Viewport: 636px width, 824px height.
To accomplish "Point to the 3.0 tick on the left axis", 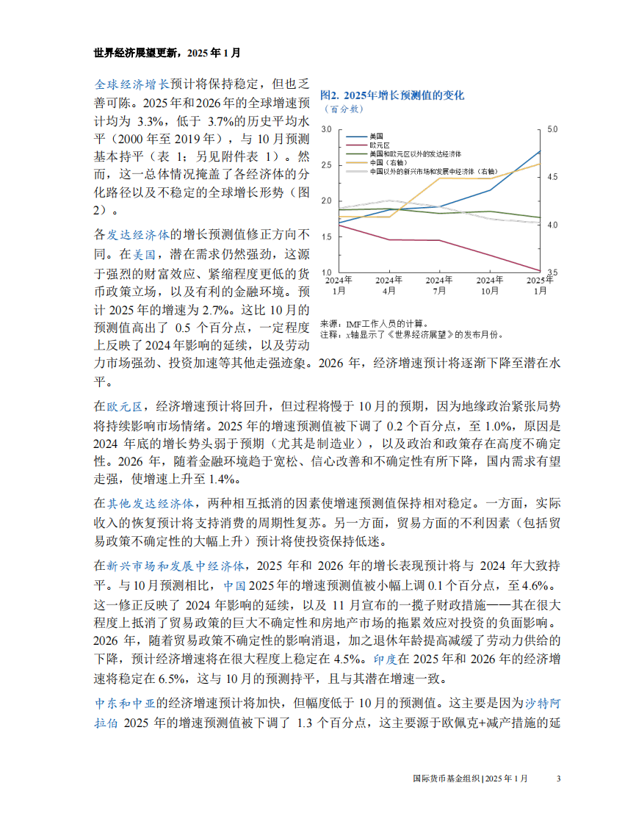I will pos(327,129).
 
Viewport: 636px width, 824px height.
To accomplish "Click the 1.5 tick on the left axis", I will pos(327,236).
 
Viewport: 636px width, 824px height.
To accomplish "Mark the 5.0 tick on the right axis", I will pos(553,129).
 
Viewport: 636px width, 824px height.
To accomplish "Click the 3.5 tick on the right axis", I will pos(553,272).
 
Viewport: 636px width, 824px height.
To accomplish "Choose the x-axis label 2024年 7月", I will pos(438,285).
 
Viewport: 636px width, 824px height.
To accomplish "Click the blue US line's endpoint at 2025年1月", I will pos(540,151).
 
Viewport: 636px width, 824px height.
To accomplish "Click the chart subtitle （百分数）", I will pos(343,109).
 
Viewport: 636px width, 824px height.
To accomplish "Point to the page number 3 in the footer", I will pos(558,778).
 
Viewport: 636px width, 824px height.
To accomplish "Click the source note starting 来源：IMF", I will pos(373,322).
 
